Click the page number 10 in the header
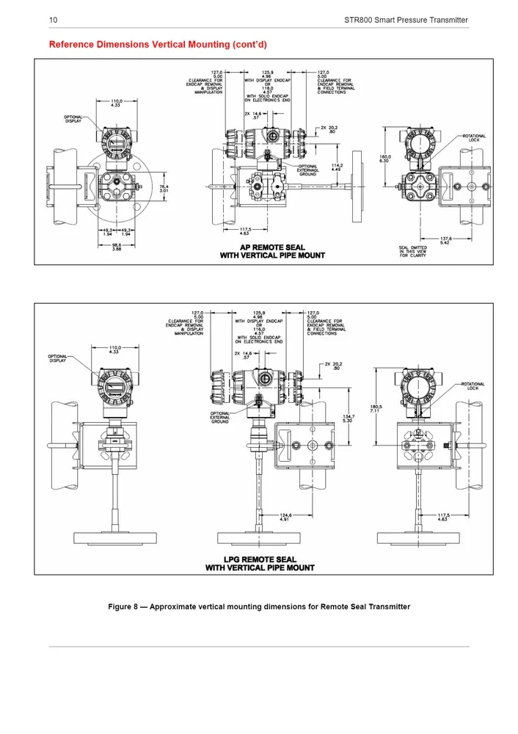[x=53, y=19]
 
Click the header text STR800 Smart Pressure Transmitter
[x=406, y=19]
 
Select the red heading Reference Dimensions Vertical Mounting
[x=157, y=44]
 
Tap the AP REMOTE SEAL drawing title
[x=272, y=251]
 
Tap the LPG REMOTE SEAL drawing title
[x=260, y=564]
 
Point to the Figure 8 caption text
[x=259, y=606]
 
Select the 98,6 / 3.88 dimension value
[x=116, y=247]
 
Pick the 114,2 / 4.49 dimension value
[x=337, y=167]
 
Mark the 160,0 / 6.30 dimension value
[x=384, y=159]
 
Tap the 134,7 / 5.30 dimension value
[x=349, y=418]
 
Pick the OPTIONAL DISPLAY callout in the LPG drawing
[x=59, y=358]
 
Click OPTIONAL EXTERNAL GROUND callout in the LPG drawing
[x=220, y=417]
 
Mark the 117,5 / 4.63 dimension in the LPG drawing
[x=443, y=517]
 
